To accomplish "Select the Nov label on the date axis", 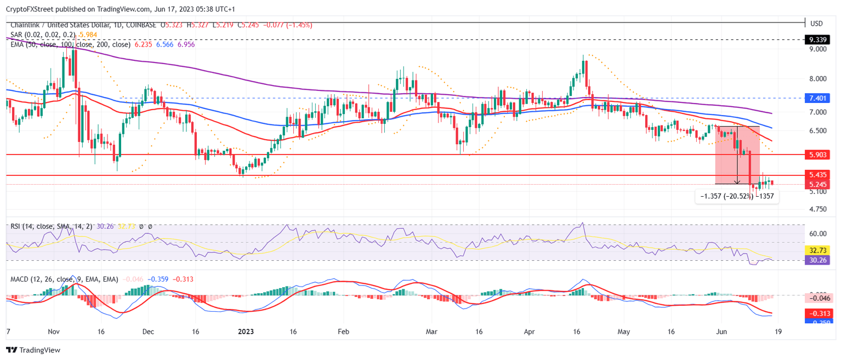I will (53, 332).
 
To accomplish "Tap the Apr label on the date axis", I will (528, 332).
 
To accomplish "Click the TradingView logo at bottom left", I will (33, 350).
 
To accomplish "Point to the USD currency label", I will (817, 24).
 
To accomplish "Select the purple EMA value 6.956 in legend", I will (185, 44).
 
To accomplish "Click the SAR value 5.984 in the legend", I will (88, 35).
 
